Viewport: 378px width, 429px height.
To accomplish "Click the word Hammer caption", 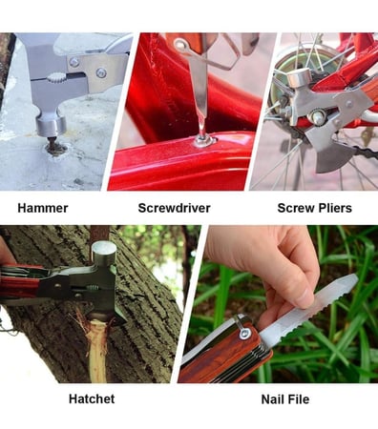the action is point(43,208).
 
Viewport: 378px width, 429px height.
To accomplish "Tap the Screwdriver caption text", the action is point(174,208).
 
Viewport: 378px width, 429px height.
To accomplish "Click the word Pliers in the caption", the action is point(335,208).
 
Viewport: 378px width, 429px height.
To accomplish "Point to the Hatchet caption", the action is point(92,398).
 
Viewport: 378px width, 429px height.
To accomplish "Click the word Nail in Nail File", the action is point(273,399).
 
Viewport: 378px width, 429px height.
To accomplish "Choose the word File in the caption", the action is point(298,399).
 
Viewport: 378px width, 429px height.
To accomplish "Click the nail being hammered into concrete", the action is point(52,143).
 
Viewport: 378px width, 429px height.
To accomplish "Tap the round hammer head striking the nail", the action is point(51,126).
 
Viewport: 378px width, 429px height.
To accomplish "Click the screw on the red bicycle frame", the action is point(203,140).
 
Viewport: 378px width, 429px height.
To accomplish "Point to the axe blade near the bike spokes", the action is point(331,153).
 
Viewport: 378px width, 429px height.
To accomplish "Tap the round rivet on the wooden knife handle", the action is point(245,333).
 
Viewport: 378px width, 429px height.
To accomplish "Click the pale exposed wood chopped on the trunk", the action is point(96,350).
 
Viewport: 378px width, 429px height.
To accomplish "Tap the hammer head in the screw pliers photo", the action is point(299,77).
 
